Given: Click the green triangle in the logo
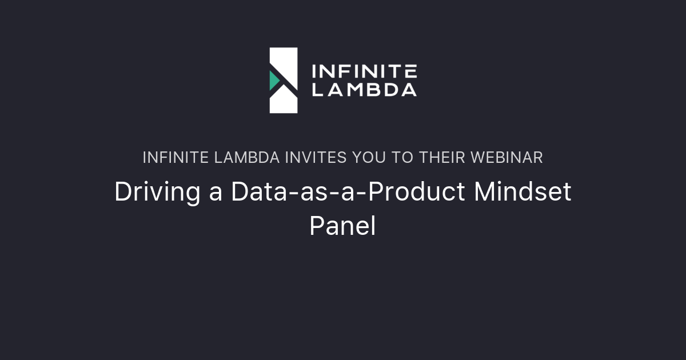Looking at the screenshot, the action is [x=273, y=81].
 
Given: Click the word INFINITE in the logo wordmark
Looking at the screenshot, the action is [x=364, y=71].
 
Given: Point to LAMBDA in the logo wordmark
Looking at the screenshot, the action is [x=364, y=90].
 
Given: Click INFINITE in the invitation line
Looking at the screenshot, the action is [x=176, y=158].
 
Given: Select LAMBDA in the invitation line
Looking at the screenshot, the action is [x=247, y=158].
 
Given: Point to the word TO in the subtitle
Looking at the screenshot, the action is [x=402, y=158].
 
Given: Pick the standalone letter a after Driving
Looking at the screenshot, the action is [x=216, y=195].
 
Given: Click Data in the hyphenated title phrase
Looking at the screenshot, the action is [x=259, y=191].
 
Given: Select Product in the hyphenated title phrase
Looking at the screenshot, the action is [x=417, y=191].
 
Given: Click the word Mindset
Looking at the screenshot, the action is [x=523, y=191].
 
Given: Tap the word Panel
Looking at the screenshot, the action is [x=342, y=226].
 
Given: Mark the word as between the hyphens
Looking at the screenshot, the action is [x=314, y=195].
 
